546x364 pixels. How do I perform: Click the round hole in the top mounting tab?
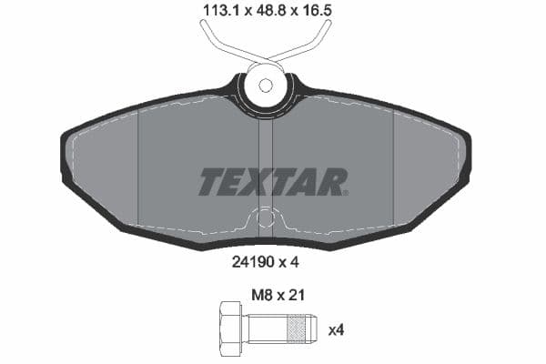(265, 86)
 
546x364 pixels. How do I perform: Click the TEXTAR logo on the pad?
(272, 182)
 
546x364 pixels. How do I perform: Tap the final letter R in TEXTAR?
(333, 182)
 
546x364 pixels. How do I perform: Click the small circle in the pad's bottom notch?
(265, 218)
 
